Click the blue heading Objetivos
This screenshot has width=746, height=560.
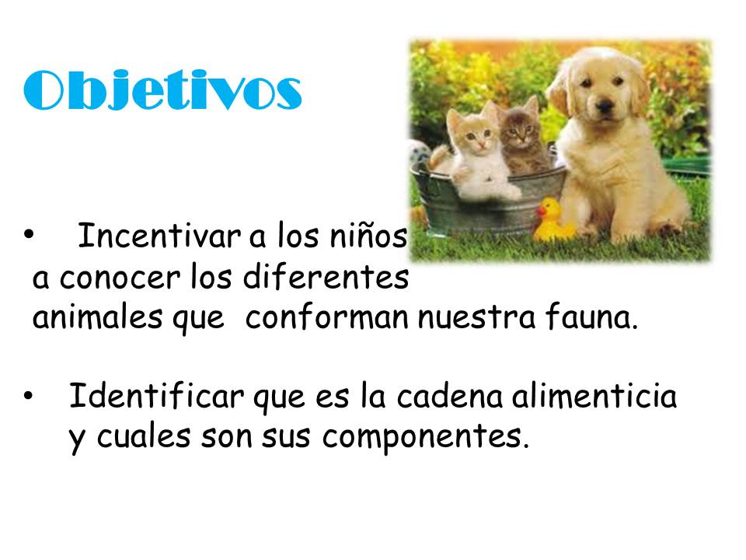point(162,90)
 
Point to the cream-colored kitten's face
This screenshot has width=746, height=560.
point(476,135)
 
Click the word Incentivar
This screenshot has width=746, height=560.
point(159,235)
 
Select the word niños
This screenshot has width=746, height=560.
point(369,235)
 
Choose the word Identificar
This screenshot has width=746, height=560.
point(156,395)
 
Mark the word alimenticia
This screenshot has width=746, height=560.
point(594,395)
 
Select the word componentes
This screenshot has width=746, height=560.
point(425,437)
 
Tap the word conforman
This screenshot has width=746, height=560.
point(326,317)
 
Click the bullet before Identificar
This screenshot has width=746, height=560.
point(28,395)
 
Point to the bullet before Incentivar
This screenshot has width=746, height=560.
point(29,234)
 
